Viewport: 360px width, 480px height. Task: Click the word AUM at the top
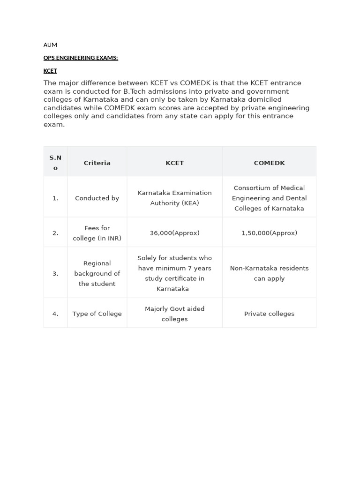[50, 45]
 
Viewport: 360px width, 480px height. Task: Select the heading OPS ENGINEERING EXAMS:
[81, 58]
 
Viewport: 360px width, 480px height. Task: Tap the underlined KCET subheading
[50, 71]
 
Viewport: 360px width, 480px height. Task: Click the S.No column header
[55, 163]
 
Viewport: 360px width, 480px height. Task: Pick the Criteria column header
[97, 163]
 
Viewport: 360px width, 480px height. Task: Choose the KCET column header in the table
[174, 163]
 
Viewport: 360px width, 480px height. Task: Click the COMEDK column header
[269, 163]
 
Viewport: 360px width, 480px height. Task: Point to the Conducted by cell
[97, 198]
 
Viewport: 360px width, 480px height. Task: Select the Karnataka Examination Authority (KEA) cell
[174, 198]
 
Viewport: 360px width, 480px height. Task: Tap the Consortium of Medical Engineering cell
[269, 198]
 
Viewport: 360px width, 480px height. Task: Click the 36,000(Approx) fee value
[174, 233]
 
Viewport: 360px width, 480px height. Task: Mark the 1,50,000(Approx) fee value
[269, 233]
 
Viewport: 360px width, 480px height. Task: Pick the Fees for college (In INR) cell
[97, 233]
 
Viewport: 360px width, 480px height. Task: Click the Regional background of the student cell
[97, 273]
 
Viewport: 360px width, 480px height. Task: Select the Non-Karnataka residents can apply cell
[269, 273]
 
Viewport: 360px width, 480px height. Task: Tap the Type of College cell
[97, 314]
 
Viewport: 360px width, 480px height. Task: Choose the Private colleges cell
[269, 314]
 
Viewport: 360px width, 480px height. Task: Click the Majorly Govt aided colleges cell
[174, 314]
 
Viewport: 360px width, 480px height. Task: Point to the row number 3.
[55, 274]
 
